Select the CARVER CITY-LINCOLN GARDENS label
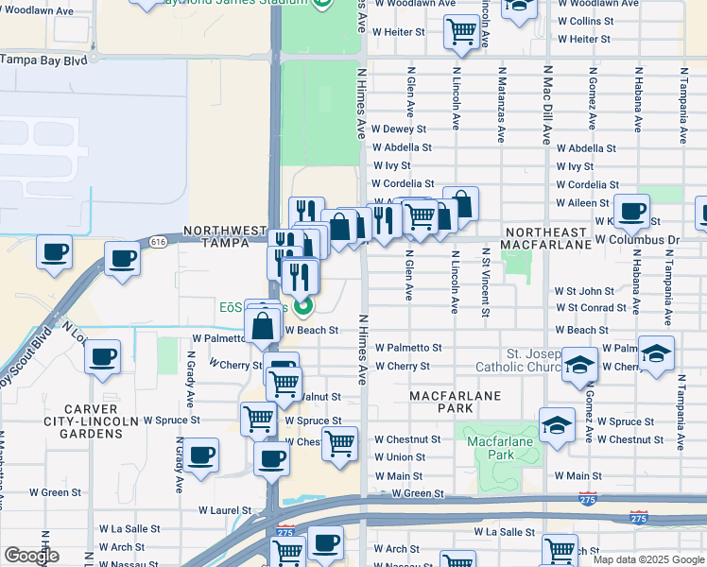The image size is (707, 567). (85, 426)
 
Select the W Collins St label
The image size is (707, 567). (586, 21)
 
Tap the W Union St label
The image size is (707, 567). (400, 457)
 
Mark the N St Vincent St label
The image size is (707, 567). (486, 281)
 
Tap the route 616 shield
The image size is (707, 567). (158, 242)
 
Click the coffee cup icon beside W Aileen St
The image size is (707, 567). (631, 211)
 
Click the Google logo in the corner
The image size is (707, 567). (31, 556)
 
